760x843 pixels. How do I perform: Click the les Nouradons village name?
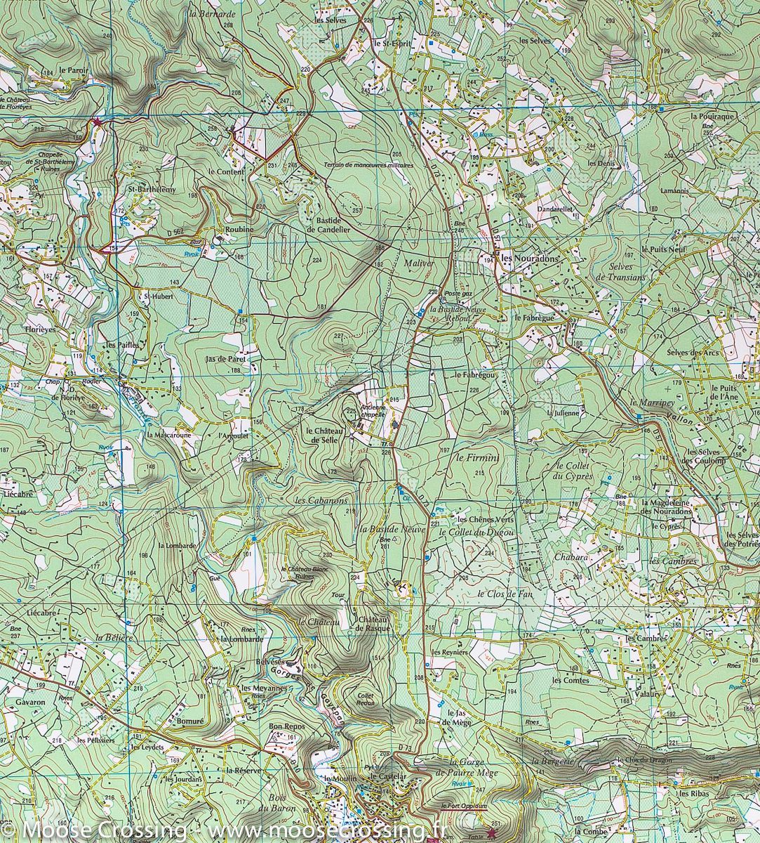(531, 259)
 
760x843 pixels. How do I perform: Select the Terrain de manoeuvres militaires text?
(368, 165)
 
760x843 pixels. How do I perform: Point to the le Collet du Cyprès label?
(574, 471)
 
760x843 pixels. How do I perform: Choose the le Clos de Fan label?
(505, 594)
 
